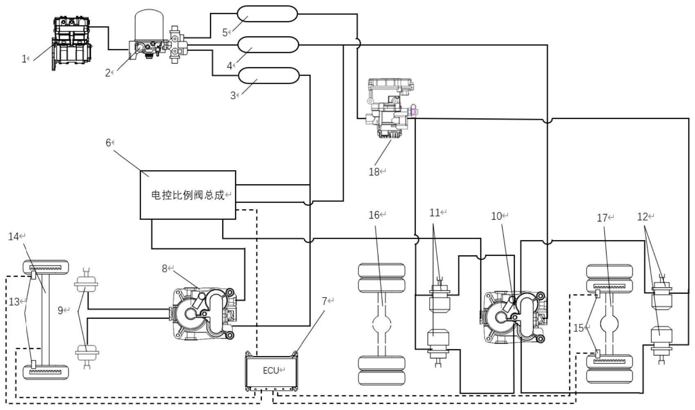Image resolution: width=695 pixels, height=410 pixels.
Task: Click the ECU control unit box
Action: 271,371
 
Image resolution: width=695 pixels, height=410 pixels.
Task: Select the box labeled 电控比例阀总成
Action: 188,195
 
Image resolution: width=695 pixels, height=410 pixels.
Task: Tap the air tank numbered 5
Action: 267,14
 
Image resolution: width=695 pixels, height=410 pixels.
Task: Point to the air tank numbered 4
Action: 268,44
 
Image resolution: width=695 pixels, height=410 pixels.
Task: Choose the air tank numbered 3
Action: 269,75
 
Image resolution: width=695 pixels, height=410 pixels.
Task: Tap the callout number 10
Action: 496,216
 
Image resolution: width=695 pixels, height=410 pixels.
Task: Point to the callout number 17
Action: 602,218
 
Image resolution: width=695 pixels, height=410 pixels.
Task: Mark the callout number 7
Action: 324,301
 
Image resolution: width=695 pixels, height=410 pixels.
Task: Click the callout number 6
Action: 108,142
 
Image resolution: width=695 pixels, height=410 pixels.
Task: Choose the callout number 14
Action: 14,236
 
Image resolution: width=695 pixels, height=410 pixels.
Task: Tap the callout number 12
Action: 643,216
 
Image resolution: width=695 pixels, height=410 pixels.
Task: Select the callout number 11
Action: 435,212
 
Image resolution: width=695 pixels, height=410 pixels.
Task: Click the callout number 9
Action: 60,310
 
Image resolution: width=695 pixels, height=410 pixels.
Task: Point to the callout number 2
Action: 108,73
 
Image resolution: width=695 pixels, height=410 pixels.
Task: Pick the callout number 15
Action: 578,328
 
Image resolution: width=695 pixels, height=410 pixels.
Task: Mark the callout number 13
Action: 14,302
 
